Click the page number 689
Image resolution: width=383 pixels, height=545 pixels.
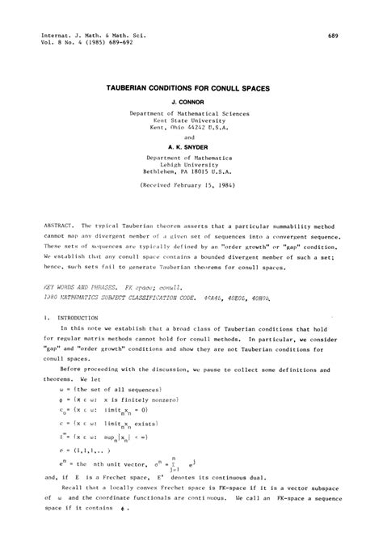point(332,36)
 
